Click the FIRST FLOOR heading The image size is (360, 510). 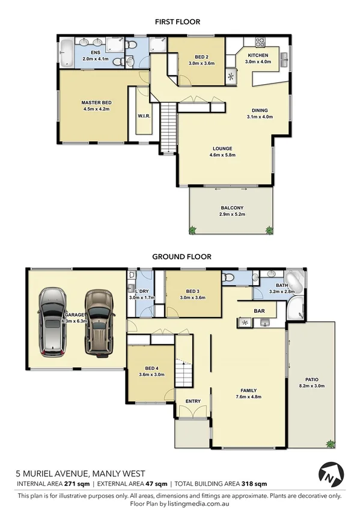click(177, 22)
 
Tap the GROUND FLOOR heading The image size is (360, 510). click(182, 256)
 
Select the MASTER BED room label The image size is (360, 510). click(96, 103)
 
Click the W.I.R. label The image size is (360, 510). click(143, 115)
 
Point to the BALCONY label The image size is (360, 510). click(231, 208)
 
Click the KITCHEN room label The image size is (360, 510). click(257, 56)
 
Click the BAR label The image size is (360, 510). click(260, 312)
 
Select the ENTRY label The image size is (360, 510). click(193, 401)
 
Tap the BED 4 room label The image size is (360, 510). click(152, 367)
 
